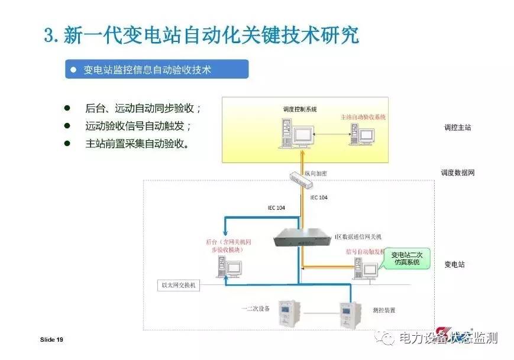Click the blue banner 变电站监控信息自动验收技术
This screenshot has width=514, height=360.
pos(156,70)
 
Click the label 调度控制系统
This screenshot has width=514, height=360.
pos(300,109)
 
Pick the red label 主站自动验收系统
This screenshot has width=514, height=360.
pos(363,117)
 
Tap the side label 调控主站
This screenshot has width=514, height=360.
pos(458,127)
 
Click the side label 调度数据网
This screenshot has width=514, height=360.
pos(457,173)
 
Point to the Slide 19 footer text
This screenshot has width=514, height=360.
pos(51,340)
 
